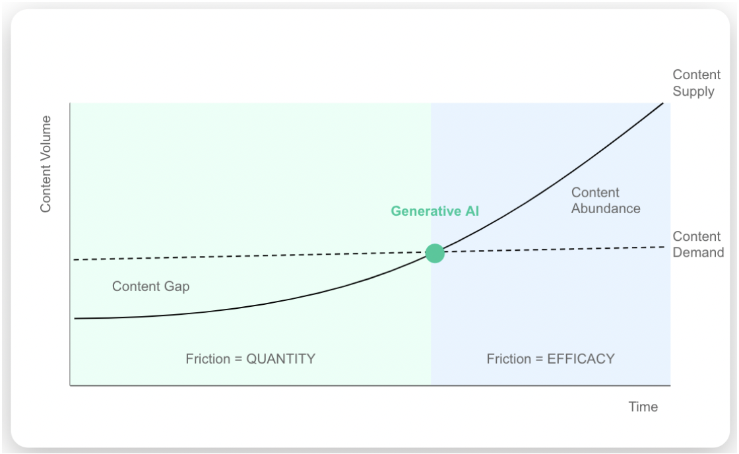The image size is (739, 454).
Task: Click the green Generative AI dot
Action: pos(435,253)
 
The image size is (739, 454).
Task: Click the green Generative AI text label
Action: pos(435,211)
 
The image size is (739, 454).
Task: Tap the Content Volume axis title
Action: pos(46,164)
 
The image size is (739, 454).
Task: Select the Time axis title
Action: pos(643,406)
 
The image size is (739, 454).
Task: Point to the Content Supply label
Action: pos(696,83)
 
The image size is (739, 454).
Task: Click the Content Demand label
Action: pos(698,244)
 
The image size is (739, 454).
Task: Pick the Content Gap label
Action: pos(151,286)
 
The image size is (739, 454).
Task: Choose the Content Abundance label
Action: pos(606,201)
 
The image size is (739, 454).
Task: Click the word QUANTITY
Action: pos(281,359)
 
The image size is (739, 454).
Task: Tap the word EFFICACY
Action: pos(581,359)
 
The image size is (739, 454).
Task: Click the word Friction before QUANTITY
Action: pos(207,359)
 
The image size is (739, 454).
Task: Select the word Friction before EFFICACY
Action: pos(509,359)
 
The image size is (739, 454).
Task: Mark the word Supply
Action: pos(693,92)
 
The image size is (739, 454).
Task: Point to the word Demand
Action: pos(698,252)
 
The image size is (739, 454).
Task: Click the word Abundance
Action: pos(606,209)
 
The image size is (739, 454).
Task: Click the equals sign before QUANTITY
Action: pos(238,359)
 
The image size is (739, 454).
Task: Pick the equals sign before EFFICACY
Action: pos(538,359)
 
